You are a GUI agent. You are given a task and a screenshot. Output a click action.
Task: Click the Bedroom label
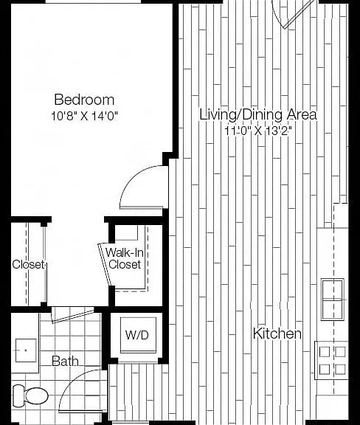(x=84, y=100)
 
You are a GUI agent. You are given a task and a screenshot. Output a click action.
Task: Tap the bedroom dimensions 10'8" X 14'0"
(x=84, y=116)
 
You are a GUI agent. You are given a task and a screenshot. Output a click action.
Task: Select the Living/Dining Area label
(x=258, y=114)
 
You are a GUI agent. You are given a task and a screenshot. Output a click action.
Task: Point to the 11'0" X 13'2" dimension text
(x=258, y=131)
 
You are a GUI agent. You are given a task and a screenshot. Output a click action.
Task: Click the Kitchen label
(x=277, y=333)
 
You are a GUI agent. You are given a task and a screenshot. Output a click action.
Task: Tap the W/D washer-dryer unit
(x=138, y=335)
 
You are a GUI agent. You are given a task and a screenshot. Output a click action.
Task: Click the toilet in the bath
(x=30, y=395)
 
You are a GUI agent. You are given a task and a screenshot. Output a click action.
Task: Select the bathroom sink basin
(x=26, y=350)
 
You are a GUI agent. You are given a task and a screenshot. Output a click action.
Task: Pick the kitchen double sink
(x=333, y=300)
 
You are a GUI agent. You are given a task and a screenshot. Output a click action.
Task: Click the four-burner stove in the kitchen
(x=331, y=360)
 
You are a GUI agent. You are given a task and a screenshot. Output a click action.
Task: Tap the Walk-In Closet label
(x=125, y=258)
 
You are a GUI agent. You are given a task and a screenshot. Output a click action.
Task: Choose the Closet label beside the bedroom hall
(x=28, y=264)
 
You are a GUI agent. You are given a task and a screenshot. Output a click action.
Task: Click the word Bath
(x=65, y=361)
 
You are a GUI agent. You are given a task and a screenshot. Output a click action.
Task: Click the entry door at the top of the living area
(x=294, y=13)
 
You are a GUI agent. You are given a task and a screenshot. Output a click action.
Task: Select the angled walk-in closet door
(x=105, y=265)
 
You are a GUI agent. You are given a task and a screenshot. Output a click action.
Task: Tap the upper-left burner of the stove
(x=325, y=352)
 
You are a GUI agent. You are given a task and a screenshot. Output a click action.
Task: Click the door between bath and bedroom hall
(x=72, y=315)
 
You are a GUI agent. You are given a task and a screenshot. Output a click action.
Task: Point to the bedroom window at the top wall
(x=93, y=1)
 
